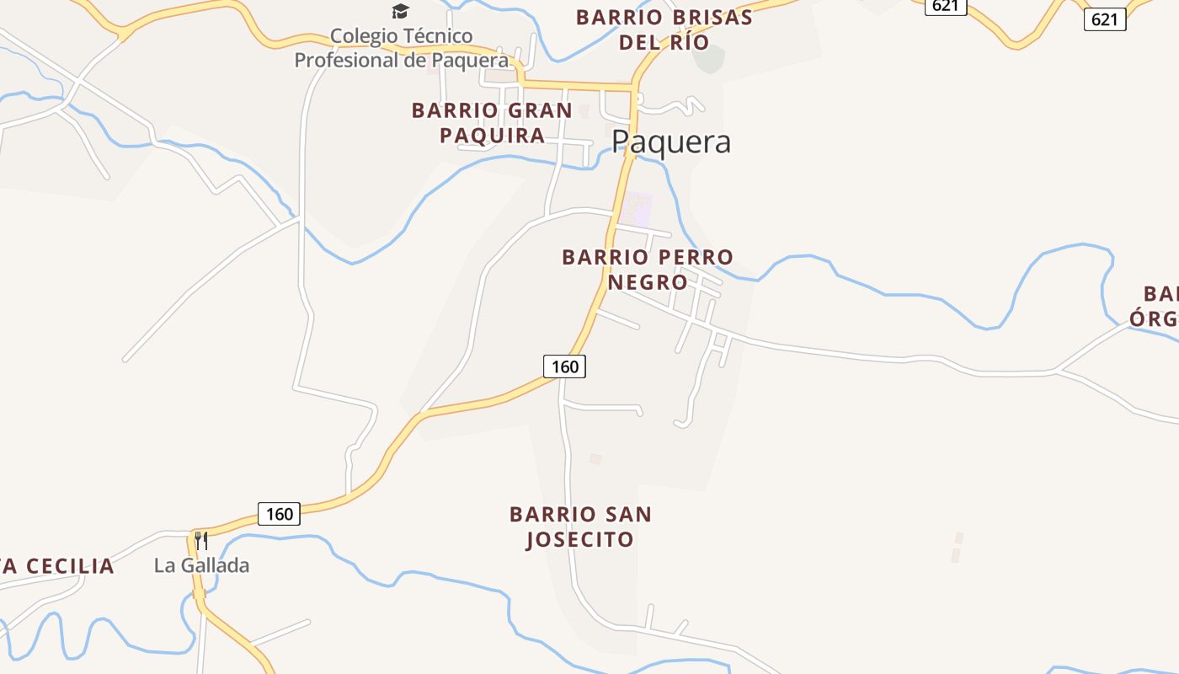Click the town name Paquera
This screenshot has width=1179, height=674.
(x=671, y=142)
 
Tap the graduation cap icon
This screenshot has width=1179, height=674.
(x=400, y=11)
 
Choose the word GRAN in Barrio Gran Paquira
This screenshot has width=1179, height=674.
(x=539, y=110)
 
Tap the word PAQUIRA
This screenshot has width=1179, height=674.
(x=493, y=136)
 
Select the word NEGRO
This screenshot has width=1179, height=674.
(x=648, y=282)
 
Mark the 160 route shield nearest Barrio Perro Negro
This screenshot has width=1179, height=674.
(x=564, y=366)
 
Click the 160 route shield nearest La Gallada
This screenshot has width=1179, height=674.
(x=279, y=514)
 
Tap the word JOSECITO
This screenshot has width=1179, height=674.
(x=580, y=539)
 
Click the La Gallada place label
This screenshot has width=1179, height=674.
(x=202, y=565)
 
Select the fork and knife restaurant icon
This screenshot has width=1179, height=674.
(x=201, y=539)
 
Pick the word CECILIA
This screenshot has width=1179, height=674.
(x=64, y=566)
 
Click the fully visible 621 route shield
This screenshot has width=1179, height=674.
(x=1104, y=19)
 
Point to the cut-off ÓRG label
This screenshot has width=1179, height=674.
(x=1155, y=318)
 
